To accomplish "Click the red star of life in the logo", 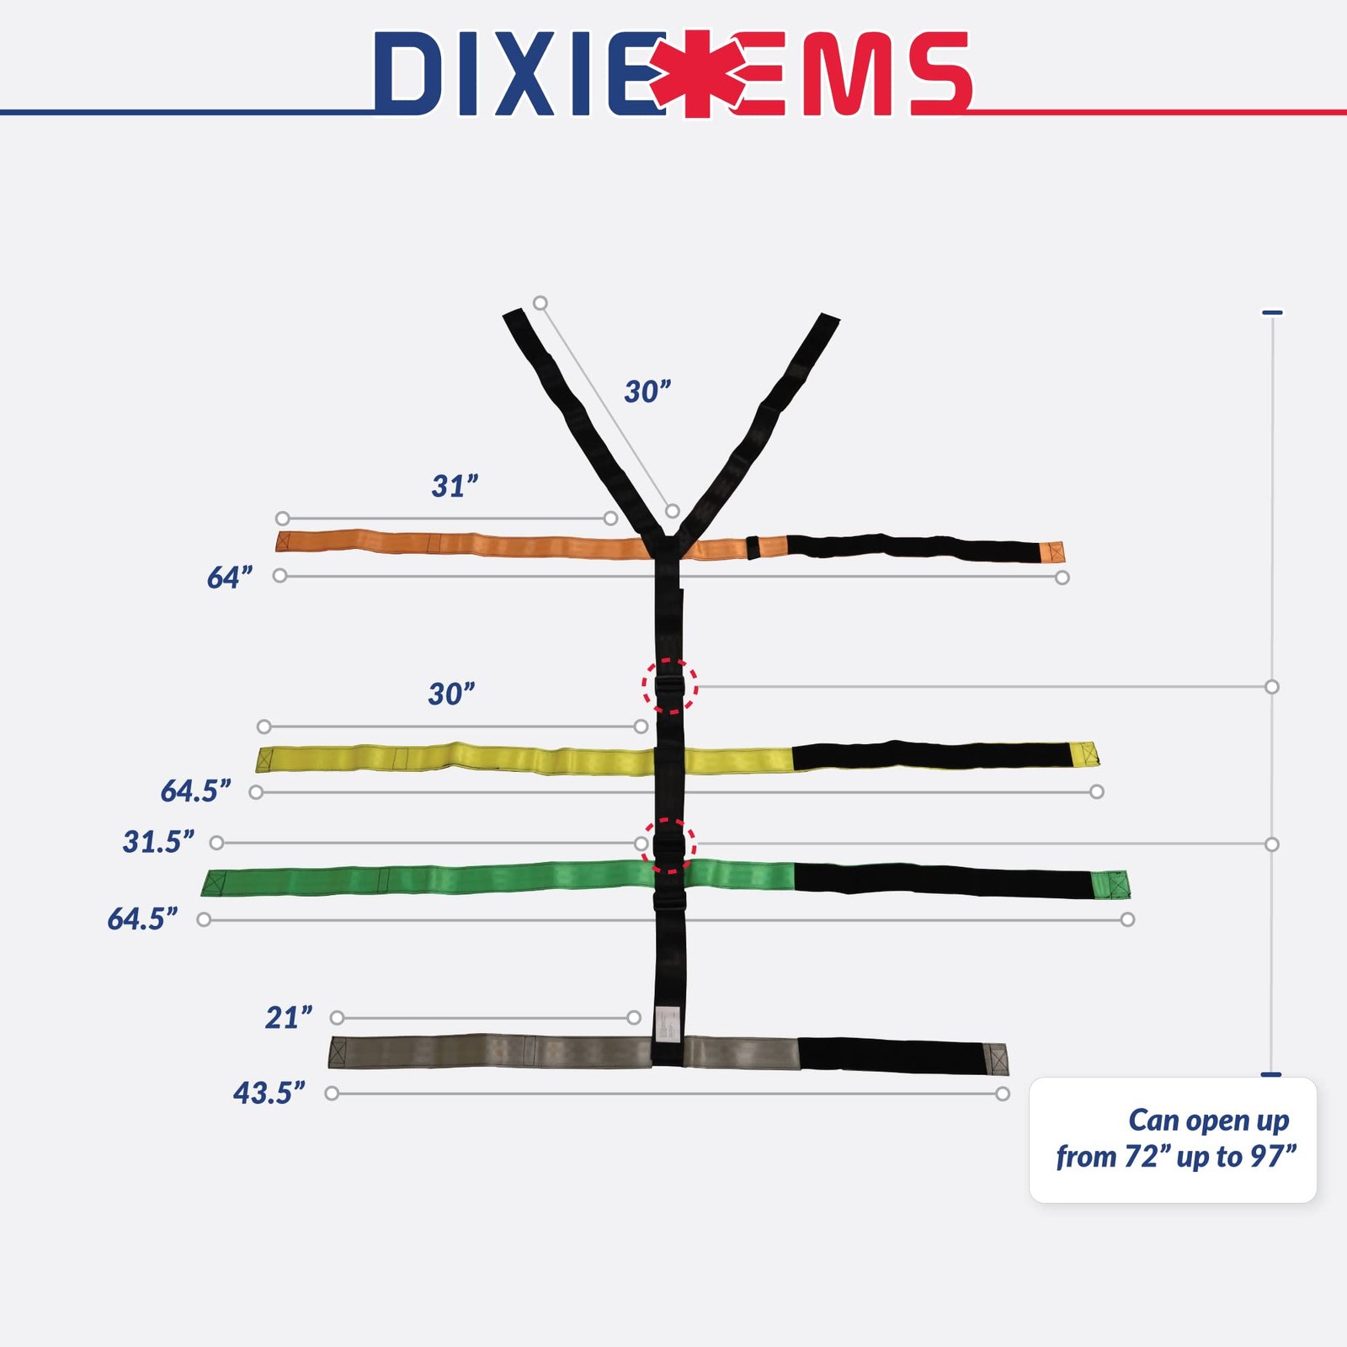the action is (697, 74).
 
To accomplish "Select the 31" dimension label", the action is (455, 486).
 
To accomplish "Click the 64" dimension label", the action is (229, 578).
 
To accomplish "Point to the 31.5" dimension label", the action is (158, 841).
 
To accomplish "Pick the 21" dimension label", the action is (289, 1018).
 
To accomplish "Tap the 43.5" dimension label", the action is (269, 1093).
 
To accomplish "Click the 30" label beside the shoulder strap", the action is (647, 391).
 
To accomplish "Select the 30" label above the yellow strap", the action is (451, 694).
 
